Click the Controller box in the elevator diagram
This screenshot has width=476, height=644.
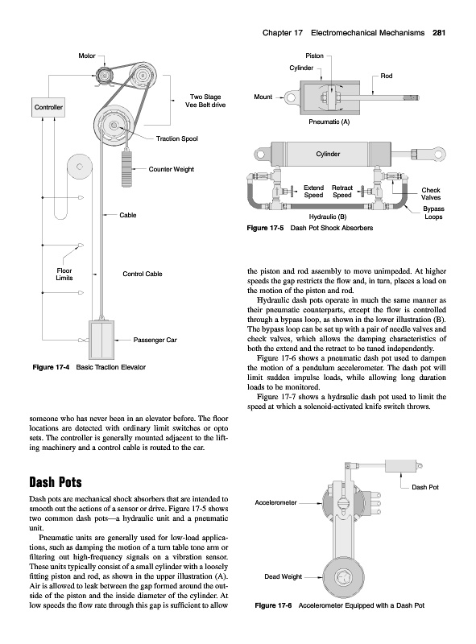click(x=48, y=107)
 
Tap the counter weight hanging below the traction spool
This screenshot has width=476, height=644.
click(x=127, y=169)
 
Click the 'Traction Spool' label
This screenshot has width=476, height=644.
click(x=176, y=138)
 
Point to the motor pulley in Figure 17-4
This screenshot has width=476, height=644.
click(x=103, y=76)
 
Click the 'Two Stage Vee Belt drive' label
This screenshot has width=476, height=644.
click(x=205, y=101)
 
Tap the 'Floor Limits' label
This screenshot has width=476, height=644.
click(x=64, y=275)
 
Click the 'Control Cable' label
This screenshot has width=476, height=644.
click(x=143, y=274)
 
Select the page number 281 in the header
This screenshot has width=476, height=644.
click(x=439, y=33)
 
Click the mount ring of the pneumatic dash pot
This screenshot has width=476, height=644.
click(x=291, y=97)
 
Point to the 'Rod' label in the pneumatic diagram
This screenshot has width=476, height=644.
click(x=387, y=76)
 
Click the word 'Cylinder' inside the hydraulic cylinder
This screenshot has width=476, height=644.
click(x=328, y=154)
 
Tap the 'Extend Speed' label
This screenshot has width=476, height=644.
click(x=313, y=192)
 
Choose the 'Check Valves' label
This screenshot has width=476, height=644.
click(x=431, y=193)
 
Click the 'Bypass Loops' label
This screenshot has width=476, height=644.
click(x=433, y=213)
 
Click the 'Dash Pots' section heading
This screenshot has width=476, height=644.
click(x=56, y=481)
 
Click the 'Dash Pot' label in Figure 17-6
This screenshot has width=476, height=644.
click(x=425, y=487)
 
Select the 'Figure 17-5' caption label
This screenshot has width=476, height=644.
click(x=265, y=228)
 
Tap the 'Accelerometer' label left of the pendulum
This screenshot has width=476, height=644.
click(x=275, y=502)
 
